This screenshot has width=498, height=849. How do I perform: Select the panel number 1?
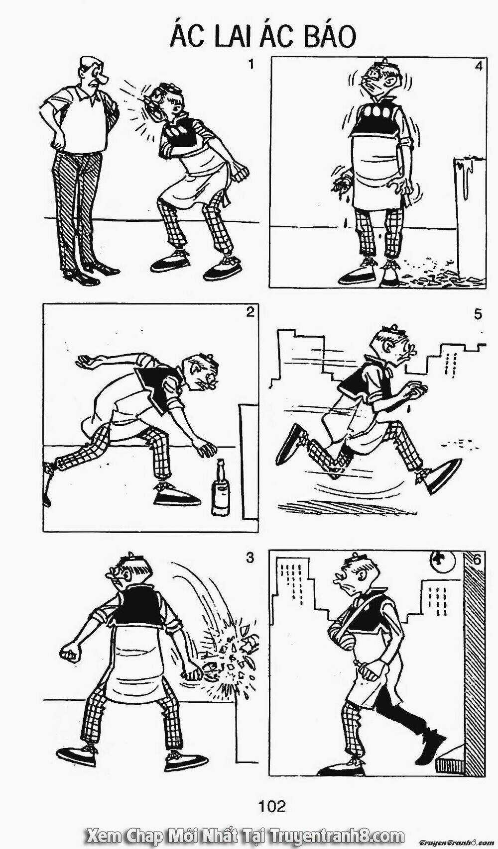[250, 65]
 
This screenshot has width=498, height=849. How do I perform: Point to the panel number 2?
[249, 313]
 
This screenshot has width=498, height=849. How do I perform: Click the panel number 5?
[478, 314]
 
